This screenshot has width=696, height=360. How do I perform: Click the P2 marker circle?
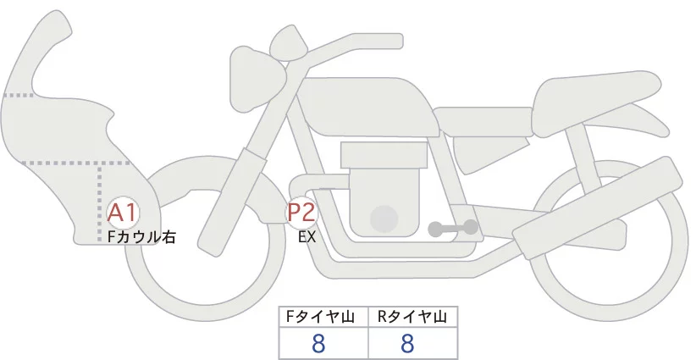301,212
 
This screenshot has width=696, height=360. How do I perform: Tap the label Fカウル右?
141,237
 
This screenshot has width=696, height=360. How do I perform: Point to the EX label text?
307,237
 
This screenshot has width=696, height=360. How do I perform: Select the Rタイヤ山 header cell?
412,317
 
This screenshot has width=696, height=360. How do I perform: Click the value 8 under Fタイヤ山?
319,343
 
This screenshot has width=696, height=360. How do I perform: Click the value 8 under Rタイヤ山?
407,343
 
